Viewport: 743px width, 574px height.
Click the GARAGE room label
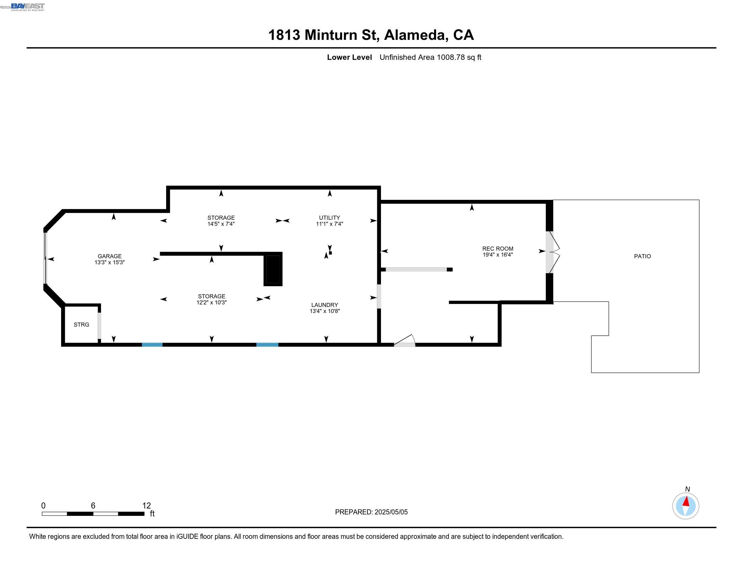[109, 256]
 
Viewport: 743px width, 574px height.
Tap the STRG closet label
[81, 325]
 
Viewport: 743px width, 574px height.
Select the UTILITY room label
[329, 218]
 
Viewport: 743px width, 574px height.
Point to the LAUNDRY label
[325, 305]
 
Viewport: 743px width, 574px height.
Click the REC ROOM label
[497, 249]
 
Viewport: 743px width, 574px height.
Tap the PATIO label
[642, 256]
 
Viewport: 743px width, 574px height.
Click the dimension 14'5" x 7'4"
[221, 224]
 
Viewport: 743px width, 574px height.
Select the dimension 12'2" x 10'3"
[211, 303]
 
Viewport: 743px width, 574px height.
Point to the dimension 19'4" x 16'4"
[497, 255]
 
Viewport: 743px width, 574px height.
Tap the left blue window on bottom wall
[152, 345]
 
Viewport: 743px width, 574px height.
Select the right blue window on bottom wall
[267, 345]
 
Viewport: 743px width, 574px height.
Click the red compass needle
[686, 501]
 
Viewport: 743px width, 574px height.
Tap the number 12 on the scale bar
[146, 506]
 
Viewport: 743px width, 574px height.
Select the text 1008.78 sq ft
[459, 57]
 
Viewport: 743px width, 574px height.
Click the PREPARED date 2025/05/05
[391, 512]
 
